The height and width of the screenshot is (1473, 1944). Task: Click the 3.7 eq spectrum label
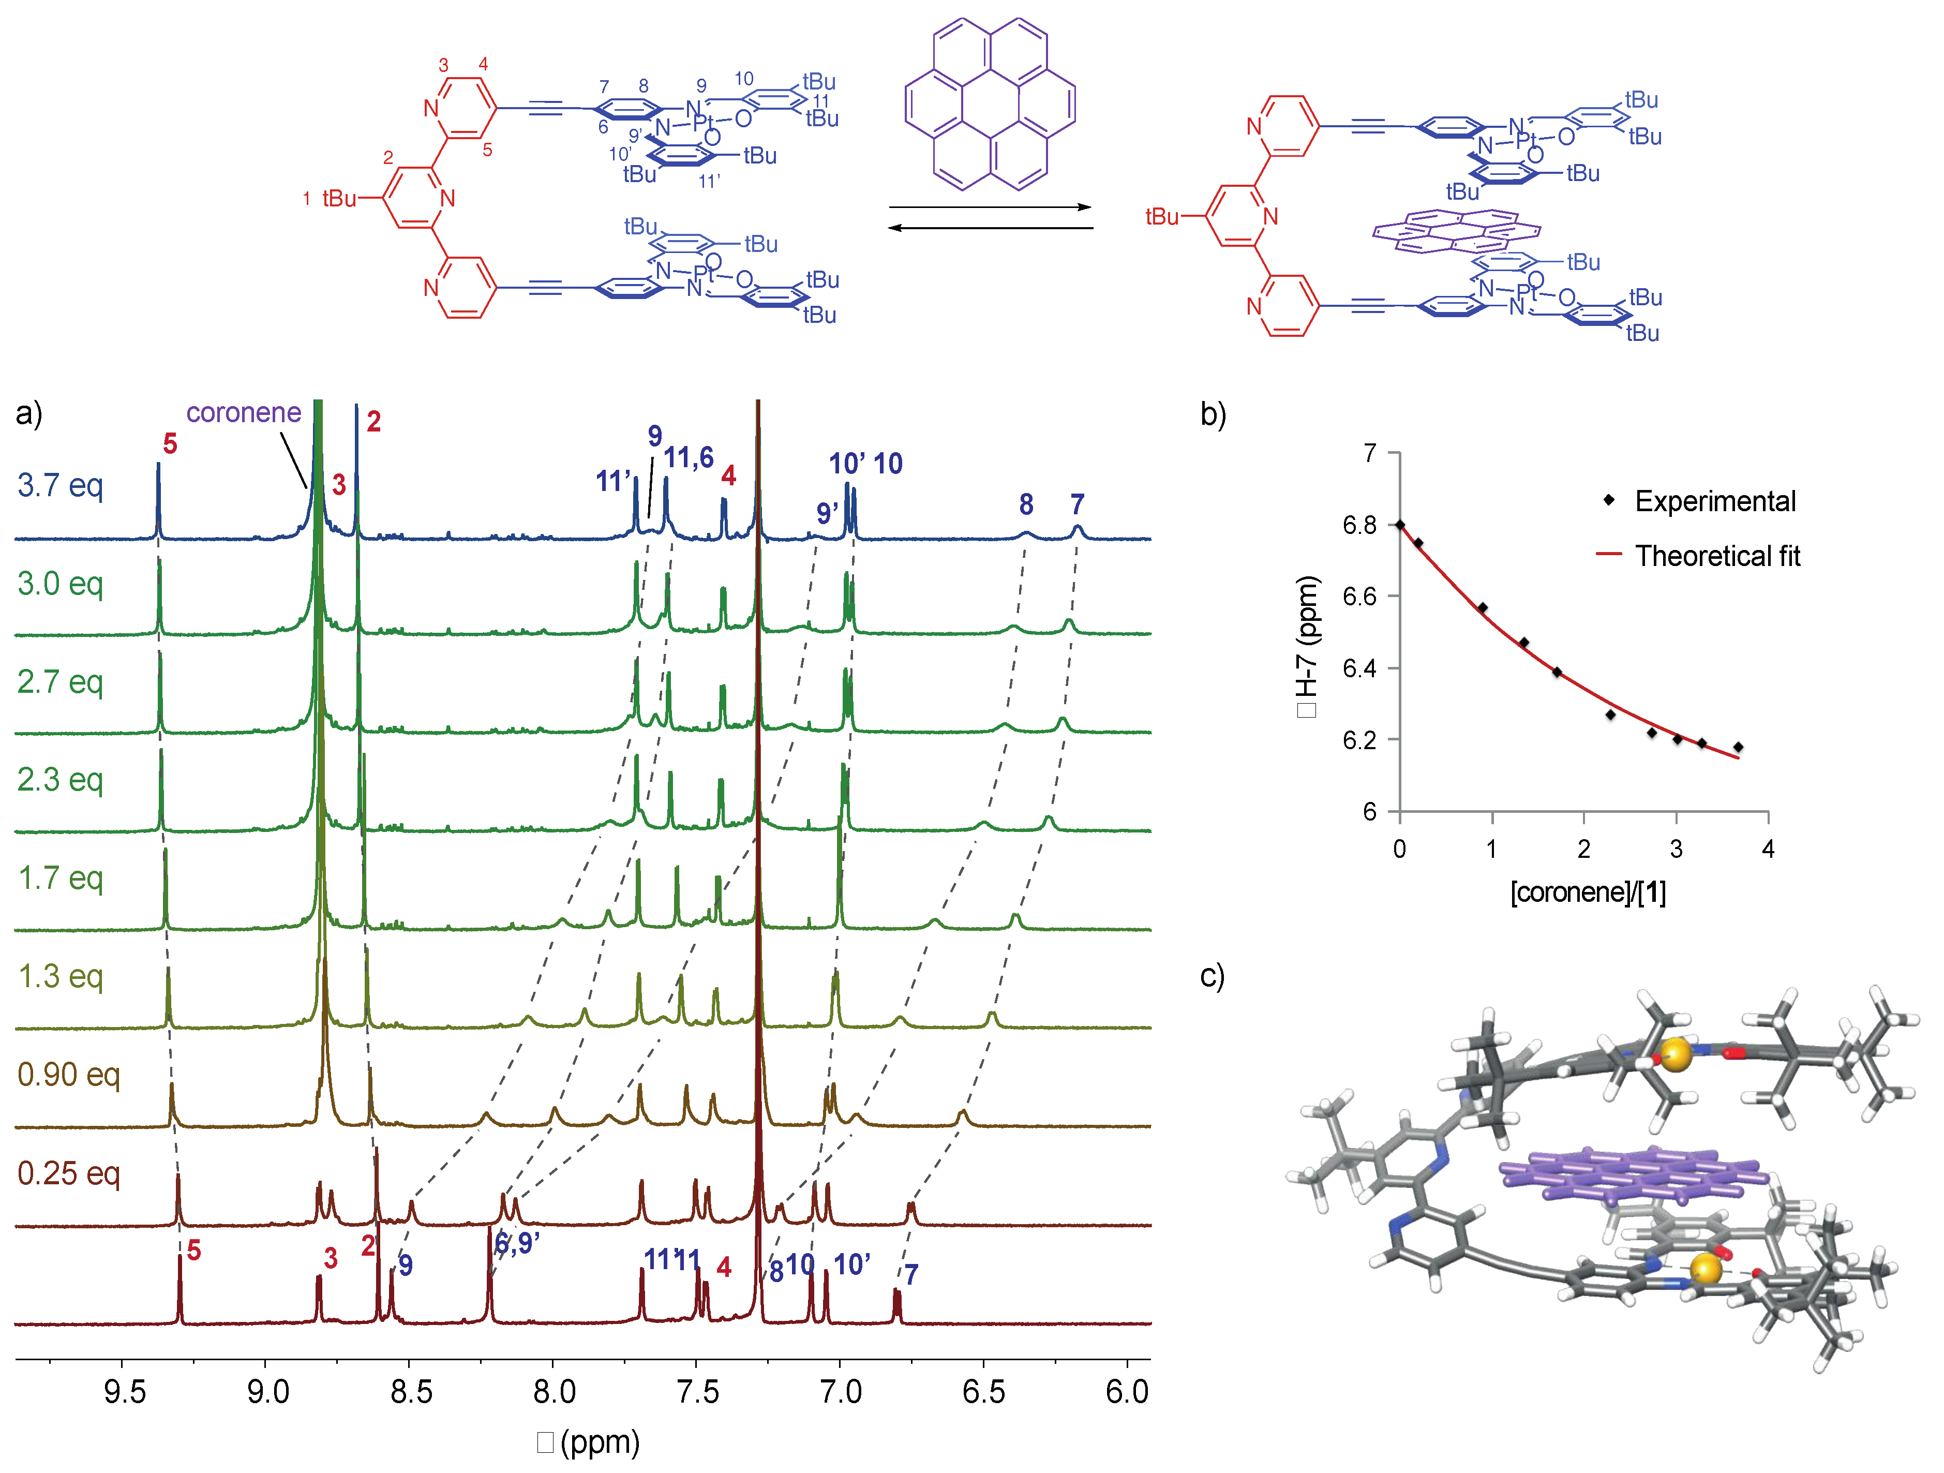tap(60, 485)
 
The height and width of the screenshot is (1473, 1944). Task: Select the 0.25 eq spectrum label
tap(69, 1173)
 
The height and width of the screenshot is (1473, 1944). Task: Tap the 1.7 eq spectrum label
tap(61, 878)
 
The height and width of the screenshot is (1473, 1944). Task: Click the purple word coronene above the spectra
tap(244, 412)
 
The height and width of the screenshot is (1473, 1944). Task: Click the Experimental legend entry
tap(1714, 501)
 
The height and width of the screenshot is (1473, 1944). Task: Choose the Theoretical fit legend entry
tap(1716, 556)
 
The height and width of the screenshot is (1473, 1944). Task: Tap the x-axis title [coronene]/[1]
tap(1587, 892)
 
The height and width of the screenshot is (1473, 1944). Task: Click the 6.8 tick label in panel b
tap(1359, 525)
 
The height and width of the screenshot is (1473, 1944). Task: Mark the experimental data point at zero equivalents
tap(1400, 525)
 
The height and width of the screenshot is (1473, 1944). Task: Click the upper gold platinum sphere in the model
tap(1676, 1054)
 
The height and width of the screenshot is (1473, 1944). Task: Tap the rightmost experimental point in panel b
tap(1738, 747)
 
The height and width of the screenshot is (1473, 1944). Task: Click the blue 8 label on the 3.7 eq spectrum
tap(1026, 504)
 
